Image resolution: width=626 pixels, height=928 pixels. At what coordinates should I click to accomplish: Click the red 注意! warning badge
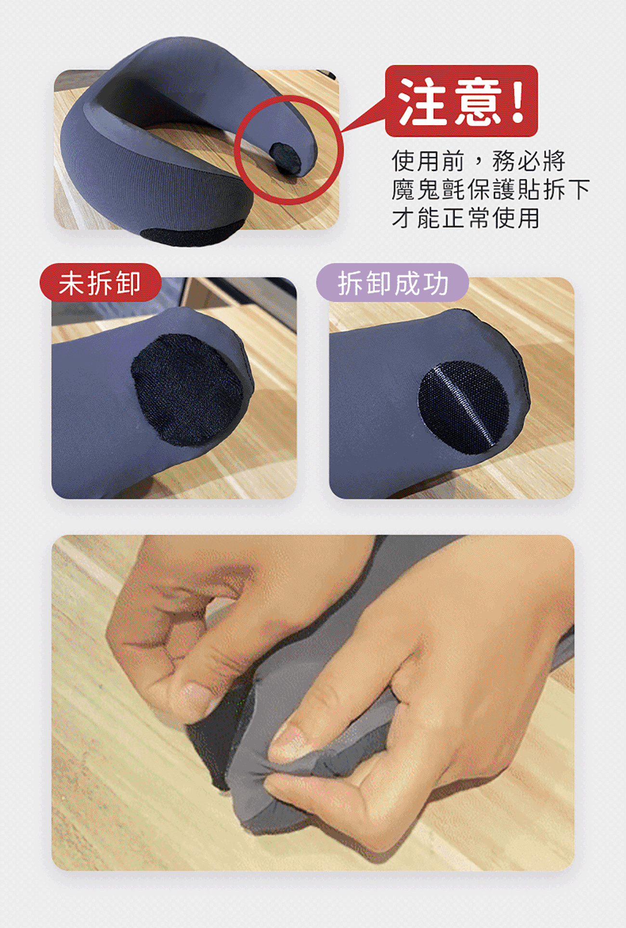(x=461, y=101)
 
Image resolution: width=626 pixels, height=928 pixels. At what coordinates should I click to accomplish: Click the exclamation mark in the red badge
(x=518, y=101)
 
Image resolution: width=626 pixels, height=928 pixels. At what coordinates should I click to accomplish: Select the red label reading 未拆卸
(x=100, y=283)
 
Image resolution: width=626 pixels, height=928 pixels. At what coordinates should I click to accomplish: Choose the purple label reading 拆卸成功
(x=392, y=283)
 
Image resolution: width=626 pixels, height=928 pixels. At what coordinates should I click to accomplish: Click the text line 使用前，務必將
(x=479, y=160)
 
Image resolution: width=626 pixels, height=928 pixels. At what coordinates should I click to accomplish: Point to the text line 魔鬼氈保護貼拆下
(x=491, y=189)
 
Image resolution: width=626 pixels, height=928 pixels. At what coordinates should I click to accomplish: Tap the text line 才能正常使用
(x=466, y=218)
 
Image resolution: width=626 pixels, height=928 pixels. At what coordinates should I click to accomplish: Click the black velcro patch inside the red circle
(x=286, y=157)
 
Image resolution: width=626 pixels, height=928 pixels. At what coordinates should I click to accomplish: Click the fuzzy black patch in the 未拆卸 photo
(x=187, y=390)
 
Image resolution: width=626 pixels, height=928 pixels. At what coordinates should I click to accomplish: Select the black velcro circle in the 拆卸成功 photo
(x=464, y=407)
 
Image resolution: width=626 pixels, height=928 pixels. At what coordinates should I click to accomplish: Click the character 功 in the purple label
(x=436, y=283)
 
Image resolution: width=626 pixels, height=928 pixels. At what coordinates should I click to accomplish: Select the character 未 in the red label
(x=71, y=283)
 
